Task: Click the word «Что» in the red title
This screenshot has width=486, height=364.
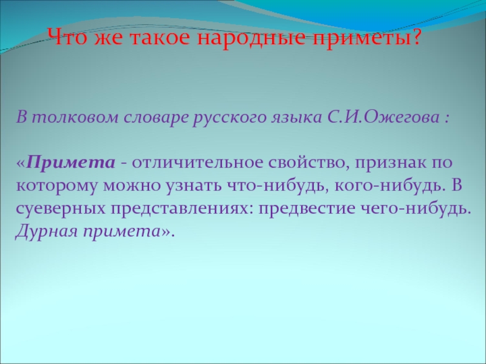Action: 65,40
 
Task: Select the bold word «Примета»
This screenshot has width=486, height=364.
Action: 71,163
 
